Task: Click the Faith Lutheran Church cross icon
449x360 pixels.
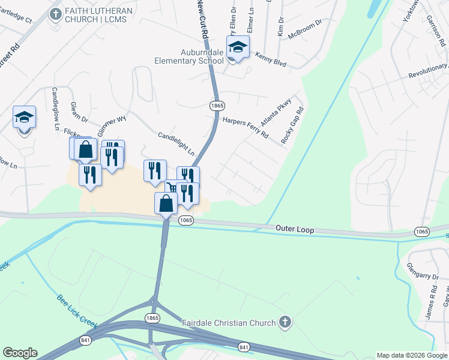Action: coord(55,14)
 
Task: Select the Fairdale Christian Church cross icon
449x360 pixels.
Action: coord(285,323)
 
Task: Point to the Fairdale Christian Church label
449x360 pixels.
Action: coord(229,323)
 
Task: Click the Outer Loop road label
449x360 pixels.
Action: coord(295,229)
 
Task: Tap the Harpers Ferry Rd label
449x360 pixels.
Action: coord(246,128)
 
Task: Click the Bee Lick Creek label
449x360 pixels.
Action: coord(77,311)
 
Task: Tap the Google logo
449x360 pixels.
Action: coord(20,353)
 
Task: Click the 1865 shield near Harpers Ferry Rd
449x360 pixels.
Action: coord(217,105)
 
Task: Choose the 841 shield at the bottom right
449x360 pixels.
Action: coord(244,347)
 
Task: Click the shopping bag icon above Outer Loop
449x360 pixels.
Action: coord(166,203)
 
